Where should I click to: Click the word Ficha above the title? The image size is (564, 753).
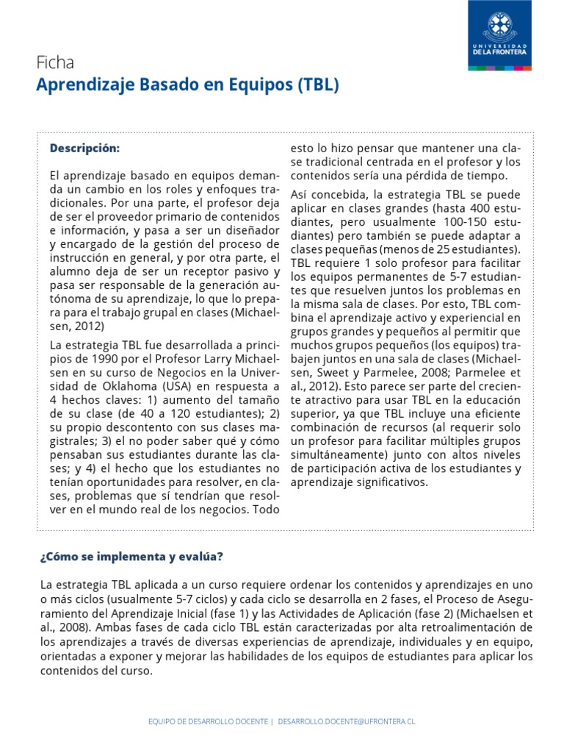(x=55, y=63)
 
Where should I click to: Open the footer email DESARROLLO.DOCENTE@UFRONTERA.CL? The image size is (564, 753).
(x=347, y=722)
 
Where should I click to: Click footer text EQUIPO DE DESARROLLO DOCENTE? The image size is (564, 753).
(x=208, y=722)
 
